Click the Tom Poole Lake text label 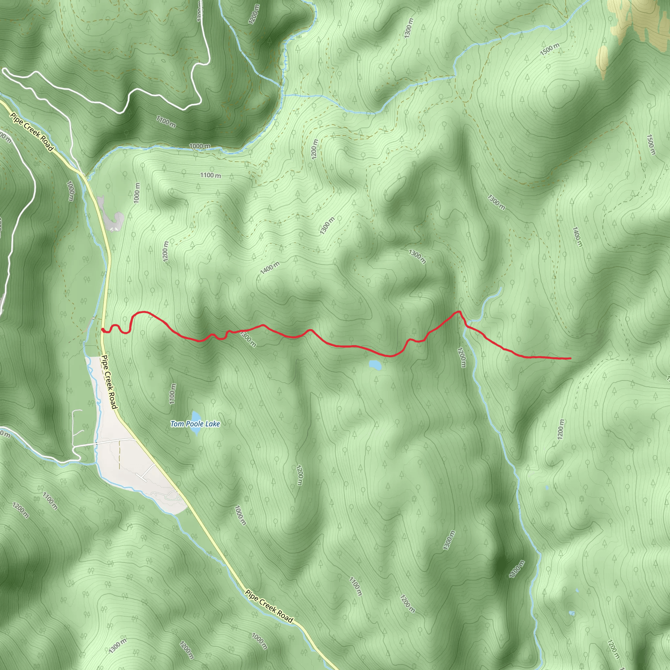(x=195, y=424)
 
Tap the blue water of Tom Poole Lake (x=196, y=416)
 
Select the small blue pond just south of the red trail (x=375, y=364)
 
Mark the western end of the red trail (x=102, y=329)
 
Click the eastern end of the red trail (x=571, y=358)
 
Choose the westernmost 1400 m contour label (x=270, y=267)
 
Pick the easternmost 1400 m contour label (x=577, y=237)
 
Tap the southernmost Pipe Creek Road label (x=269, y=606)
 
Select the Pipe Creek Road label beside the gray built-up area (x=109, y=382)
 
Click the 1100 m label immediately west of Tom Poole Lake (x=172, y=394)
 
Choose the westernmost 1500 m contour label (x=550, y=49)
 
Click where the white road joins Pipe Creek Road (x=82, y=173)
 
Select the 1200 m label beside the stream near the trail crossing (x=462, y=357)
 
